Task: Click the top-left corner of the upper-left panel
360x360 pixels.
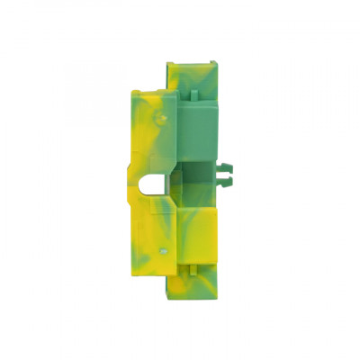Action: point(131,89)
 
